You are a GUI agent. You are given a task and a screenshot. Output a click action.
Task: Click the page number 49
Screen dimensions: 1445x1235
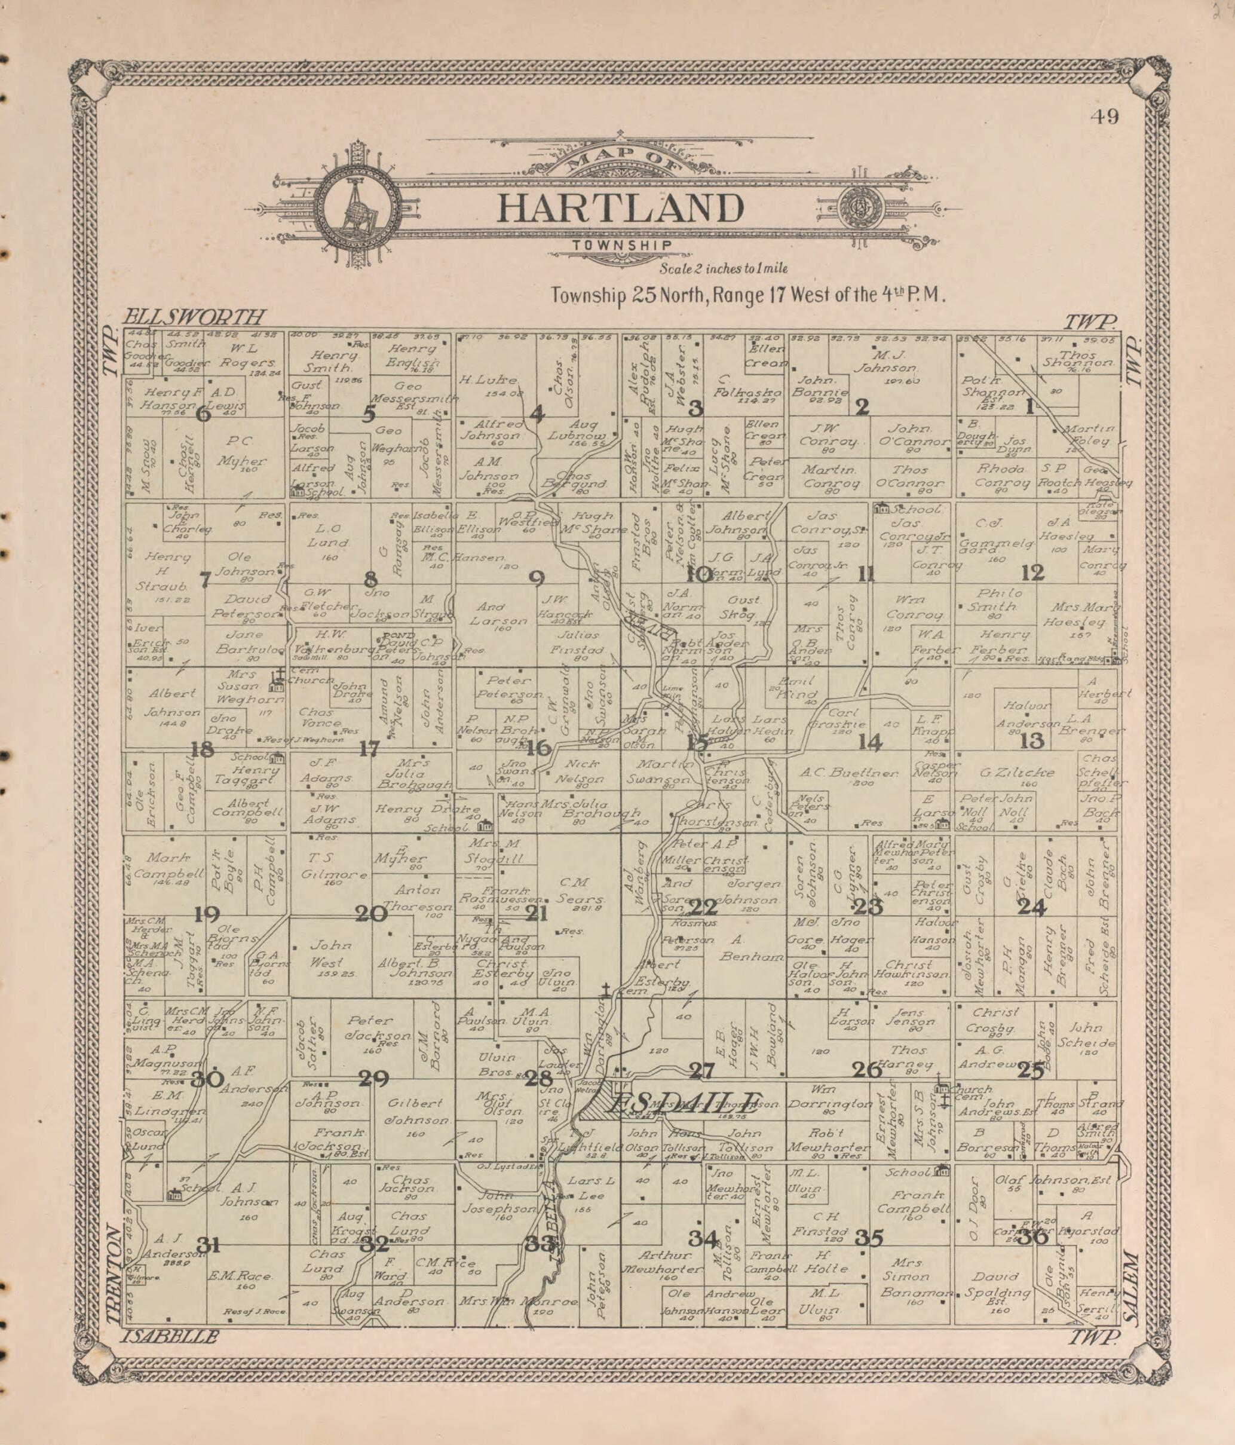click(x=1105, y=116)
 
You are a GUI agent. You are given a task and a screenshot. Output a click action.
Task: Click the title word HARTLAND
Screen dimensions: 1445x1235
click(x=621, y=208)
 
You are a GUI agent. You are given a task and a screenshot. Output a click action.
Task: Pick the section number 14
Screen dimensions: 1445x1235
click(x=869, y=742)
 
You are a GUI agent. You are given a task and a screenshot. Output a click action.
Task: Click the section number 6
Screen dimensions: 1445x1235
click(x=203, y=414)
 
